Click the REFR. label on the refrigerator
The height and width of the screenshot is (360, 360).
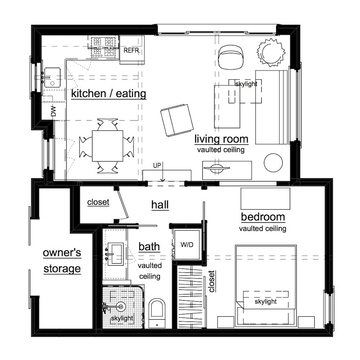coord(132,50)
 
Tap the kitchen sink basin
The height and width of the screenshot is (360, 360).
coord(52,78)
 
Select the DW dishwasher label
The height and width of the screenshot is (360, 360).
coord(53,111)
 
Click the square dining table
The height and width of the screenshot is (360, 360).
coord(107,146)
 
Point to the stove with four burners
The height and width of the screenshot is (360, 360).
coord(103,48)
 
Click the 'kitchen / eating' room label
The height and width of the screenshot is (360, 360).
coord(109,94)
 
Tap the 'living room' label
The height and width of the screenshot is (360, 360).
coord(221,139)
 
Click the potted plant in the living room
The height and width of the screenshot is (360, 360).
coord(271,52)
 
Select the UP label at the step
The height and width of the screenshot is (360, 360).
coord(157,165)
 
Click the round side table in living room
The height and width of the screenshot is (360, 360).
coord(273,163)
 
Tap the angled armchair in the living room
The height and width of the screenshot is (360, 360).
coord(177,120)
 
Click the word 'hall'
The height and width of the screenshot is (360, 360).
coord(160,205)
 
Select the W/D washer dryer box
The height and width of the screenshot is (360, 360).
coord(187,245)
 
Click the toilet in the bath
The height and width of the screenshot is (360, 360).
coord(157,313)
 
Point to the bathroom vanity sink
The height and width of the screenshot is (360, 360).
coord(116,254)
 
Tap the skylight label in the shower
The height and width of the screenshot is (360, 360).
coord(122,318)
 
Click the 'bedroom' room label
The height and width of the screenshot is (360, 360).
coord(263,217)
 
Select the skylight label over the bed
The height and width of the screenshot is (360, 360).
coord(266,301)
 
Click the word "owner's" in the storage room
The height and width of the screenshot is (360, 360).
coord(62,253)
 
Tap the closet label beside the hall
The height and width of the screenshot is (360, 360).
coord(98,202)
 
